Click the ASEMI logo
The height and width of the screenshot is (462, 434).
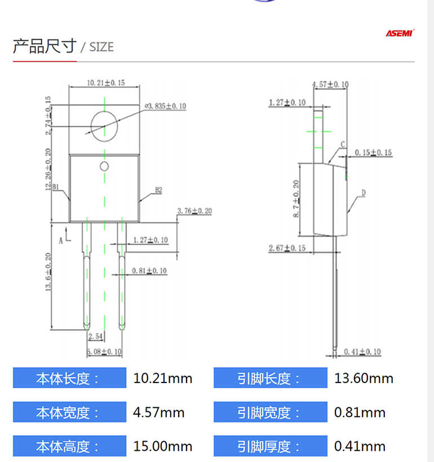[x=399, y=33]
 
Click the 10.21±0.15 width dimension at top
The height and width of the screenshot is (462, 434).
[x=105, y=83]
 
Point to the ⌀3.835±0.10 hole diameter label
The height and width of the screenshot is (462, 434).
[x=165, y=105]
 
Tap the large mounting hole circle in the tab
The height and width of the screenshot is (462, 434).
[x=105, y=126]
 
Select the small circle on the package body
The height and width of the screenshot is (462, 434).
[x=104, y=166]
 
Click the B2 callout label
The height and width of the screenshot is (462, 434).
[x=158, y=190]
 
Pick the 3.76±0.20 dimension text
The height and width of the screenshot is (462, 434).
[x=194, y=211]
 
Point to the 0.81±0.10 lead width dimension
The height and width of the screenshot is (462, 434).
[x=149, y=271]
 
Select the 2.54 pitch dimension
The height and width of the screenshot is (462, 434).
[x=95, y=337]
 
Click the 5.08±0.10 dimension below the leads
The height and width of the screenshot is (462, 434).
[x=104, y=352]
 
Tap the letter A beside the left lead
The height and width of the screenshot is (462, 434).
[x=61, y=239]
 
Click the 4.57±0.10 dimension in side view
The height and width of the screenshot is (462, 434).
[x=330, y=85]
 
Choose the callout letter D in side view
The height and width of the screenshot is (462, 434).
[x=364, y=193]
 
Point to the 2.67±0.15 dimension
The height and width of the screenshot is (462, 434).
[x=287, y=248]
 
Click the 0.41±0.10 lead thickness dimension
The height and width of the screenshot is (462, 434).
[x=362, y=352]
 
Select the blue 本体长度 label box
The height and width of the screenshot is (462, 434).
[x=69, y=378]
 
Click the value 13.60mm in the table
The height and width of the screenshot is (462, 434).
[x=364, y=378]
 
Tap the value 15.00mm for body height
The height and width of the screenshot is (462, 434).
[x=162, y=447]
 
